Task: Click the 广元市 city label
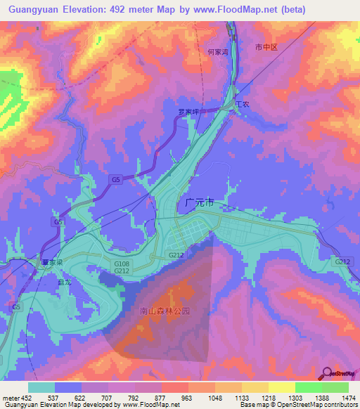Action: coord(198,202)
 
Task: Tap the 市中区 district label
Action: coord(267,47)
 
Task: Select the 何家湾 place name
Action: coord(219,51)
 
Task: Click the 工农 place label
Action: coord(242,105)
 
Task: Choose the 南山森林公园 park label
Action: coord(165,310)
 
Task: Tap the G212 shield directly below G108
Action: coord(121,271)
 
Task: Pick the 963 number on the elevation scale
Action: coord(188,398)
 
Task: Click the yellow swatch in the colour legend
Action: coord(281,387)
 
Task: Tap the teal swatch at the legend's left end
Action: coord(41,387)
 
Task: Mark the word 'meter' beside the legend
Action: coord(11,398)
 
